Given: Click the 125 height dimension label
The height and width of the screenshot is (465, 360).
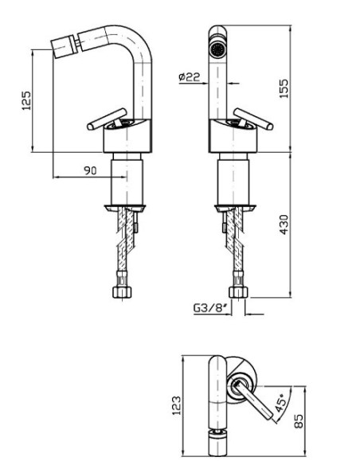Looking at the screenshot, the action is click(x=26, y=100).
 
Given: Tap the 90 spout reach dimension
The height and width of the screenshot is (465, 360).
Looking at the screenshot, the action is click(x=90, y=170).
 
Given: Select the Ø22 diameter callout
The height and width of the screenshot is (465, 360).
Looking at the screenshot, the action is click(x=190, y=77).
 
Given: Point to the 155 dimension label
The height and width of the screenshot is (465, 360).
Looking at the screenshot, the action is click(x=284, y=88).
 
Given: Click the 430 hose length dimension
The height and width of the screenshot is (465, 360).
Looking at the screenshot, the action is click(x=284, y=225).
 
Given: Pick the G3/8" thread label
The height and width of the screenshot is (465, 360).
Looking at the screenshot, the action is click(x=212, y=308).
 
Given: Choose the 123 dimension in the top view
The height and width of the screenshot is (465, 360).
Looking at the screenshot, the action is click(x=176, y=405).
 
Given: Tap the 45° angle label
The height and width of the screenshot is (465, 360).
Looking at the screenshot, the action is click(x=280, y=402).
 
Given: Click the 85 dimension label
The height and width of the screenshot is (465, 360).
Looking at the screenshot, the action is click(x=299, y=421).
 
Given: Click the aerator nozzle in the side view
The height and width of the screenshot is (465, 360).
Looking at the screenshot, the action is click(x=64, y=48).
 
